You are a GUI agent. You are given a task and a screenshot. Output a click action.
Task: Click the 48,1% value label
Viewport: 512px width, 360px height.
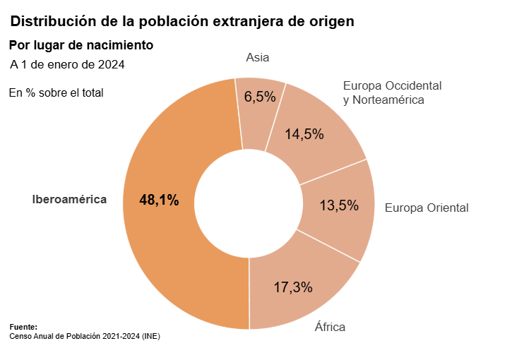(159, 200)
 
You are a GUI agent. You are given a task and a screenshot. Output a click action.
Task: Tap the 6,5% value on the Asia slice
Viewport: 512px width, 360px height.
(260, 97)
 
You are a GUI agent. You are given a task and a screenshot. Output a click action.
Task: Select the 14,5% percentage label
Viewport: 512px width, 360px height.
(304, 134)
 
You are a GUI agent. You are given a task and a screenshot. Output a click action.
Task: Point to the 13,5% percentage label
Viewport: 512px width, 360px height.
(339, 206)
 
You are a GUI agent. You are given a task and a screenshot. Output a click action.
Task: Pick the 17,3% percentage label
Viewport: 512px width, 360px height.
(293, 287)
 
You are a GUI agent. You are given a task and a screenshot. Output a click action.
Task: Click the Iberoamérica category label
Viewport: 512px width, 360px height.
(69, 200)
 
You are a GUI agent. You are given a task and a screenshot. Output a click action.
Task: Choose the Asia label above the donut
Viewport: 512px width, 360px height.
(258, 58)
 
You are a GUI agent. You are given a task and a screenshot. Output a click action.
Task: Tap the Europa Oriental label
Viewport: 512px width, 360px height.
(426, 208)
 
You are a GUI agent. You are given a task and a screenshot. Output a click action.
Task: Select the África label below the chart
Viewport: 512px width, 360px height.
(330, 327)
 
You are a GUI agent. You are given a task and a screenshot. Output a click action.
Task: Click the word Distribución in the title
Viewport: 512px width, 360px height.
(50, 22)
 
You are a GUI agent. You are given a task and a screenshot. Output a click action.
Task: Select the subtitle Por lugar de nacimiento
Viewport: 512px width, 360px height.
(81, 45)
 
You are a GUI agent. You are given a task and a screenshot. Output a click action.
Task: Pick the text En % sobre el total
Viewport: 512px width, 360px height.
(56, 92)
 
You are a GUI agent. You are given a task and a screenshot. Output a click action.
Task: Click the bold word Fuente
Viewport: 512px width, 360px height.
(23, 328)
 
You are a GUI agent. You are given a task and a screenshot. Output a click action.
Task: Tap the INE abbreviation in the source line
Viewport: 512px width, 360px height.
(151, 337)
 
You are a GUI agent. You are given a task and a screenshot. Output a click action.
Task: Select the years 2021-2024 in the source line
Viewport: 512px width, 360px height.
(120, 337)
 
